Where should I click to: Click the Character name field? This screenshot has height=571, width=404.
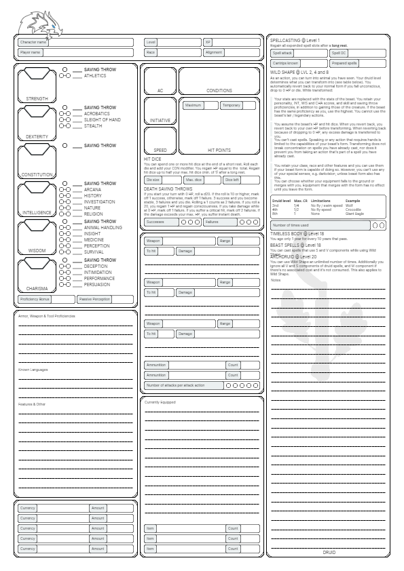coord(75,42)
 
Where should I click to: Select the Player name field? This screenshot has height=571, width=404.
coord(75,52)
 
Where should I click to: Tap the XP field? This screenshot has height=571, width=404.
coord(231,42)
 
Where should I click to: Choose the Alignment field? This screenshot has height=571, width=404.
coord(231,52)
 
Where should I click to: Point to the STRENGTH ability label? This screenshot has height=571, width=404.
coord(37,98)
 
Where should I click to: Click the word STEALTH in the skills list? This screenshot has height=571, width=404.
coord(93,125)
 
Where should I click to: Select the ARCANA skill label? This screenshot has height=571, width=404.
coord(93,190)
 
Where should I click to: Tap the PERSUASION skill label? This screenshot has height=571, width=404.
coord(98,285)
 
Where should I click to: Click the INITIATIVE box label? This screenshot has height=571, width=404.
coord(160,121)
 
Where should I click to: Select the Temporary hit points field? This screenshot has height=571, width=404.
coord(238,106)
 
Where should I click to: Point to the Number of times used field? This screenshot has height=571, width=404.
coord(320,225)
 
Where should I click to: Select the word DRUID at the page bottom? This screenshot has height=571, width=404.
coord(329,553)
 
